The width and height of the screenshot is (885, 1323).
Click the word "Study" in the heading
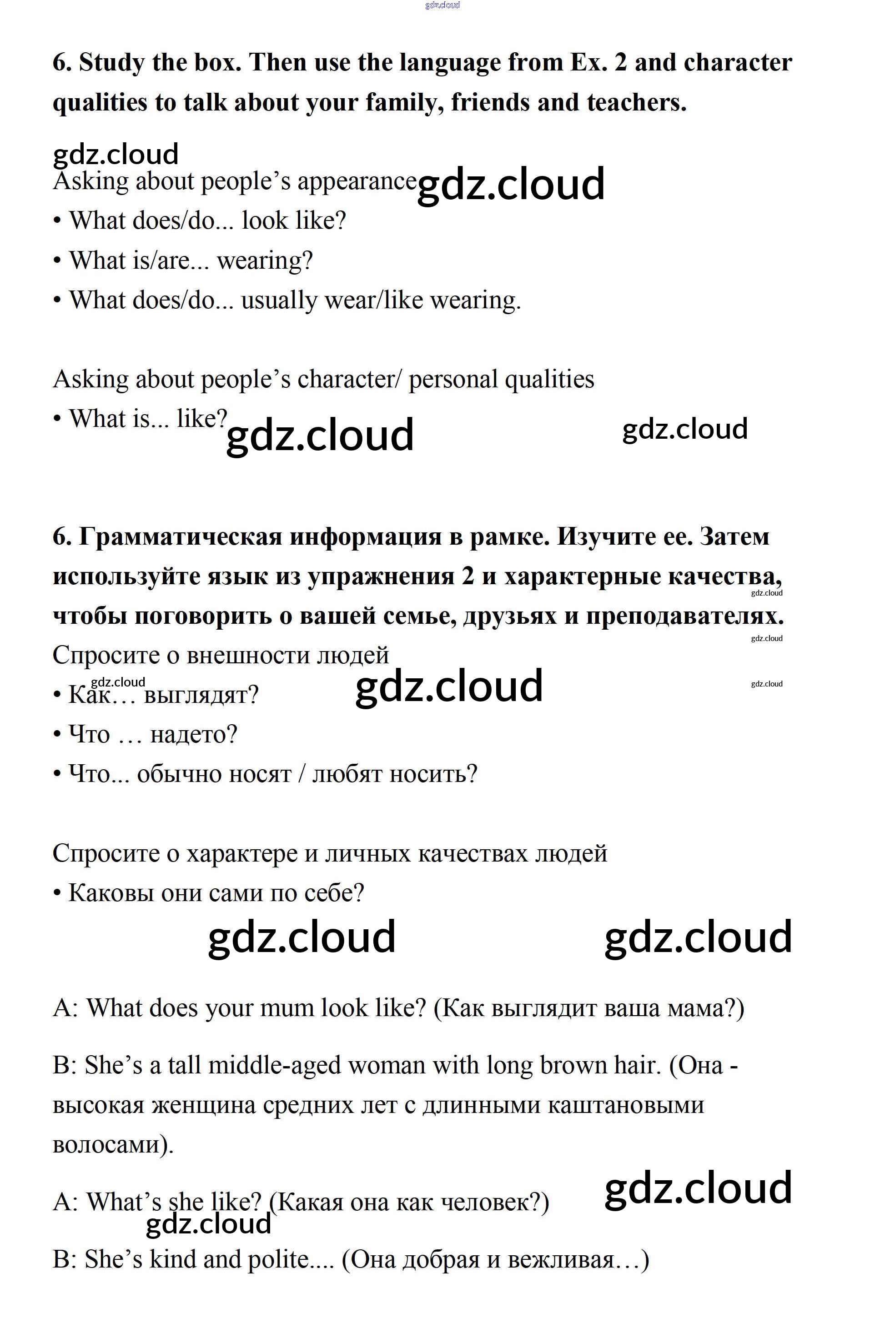[x=111, y=63]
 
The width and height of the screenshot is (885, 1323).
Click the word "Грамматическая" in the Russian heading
[x=180, y=536]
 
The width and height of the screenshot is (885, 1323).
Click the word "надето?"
[x=194, y=735]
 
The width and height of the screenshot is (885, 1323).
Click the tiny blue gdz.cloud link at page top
[x=442, y=5]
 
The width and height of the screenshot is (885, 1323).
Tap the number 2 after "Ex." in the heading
[x=620, y=63]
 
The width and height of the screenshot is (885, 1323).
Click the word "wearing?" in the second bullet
[x=265, y=261]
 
